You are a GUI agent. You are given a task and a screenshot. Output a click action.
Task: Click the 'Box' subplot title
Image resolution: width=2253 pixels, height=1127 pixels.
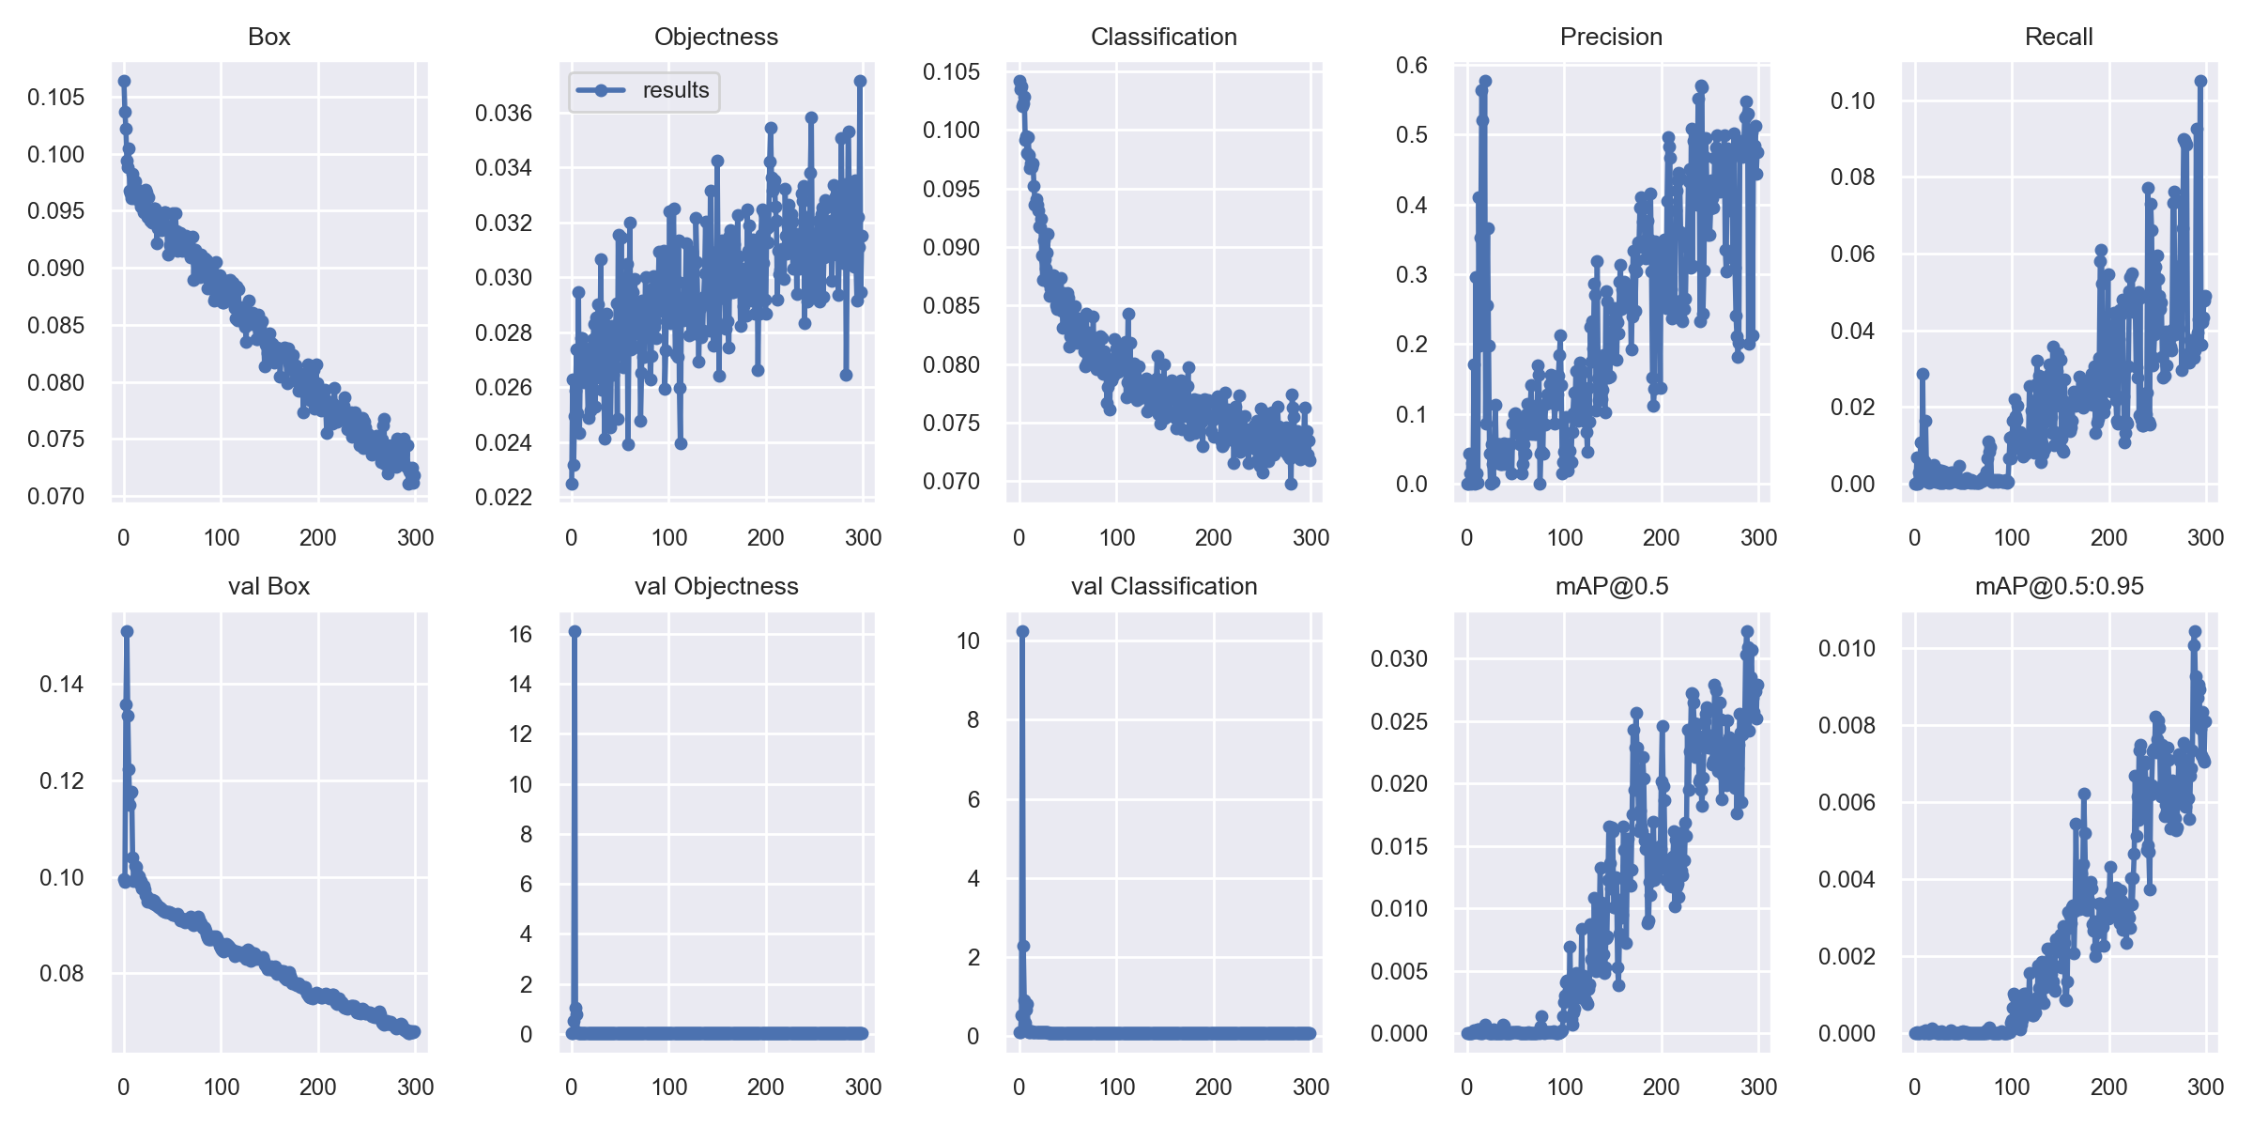coord(269,37)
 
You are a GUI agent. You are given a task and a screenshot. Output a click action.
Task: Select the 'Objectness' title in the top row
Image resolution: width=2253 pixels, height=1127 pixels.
coord(716,37)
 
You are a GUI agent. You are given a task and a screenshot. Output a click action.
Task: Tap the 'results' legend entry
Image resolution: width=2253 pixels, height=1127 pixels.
coord(676,90)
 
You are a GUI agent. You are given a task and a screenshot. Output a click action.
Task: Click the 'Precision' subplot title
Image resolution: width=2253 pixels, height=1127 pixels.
coord(1611,37)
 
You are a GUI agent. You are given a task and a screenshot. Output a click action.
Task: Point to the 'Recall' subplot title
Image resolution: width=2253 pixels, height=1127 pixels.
coord(2059,37)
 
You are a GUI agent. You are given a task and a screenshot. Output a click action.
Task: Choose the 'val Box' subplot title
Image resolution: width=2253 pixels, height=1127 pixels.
coord(269,586)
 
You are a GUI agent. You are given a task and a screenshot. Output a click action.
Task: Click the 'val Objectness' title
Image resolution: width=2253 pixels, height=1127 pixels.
coord(716,586)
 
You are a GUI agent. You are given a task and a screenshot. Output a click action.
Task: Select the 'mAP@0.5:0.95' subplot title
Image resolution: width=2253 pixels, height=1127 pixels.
coord(2060,586)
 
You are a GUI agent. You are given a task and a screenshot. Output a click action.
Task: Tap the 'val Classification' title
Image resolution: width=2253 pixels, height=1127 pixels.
coord(1164,586)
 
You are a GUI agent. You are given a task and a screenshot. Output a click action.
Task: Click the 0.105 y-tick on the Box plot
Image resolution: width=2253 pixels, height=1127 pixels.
coord(55,97)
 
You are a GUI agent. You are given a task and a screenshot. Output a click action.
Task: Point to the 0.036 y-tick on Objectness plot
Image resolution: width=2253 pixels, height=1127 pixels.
coord(503,114)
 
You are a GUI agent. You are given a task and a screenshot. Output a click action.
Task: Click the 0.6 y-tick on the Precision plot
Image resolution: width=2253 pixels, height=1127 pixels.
coord(1412,65)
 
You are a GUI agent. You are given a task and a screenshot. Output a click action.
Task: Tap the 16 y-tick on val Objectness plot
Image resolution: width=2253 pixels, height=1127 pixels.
coord(521,634)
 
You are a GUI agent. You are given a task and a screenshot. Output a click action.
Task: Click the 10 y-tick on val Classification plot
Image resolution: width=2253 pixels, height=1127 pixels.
coord(969,641)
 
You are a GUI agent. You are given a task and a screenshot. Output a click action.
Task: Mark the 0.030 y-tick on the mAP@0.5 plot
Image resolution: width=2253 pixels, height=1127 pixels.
coord(1399,658)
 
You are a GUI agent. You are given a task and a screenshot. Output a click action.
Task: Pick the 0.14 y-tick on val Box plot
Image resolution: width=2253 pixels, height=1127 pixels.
coord(61,684)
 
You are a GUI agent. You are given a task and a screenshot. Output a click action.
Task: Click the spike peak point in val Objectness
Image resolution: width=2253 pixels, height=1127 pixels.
coord(575,631)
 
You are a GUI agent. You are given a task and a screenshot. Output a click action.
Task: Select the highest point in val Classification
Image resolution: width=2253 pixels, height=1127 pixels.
coord(1022,631)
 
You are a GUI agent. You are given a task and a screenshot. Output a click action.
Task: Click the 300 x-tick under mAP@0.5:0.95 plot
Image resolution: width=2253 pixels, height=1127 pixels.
coord(2205,1087)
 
